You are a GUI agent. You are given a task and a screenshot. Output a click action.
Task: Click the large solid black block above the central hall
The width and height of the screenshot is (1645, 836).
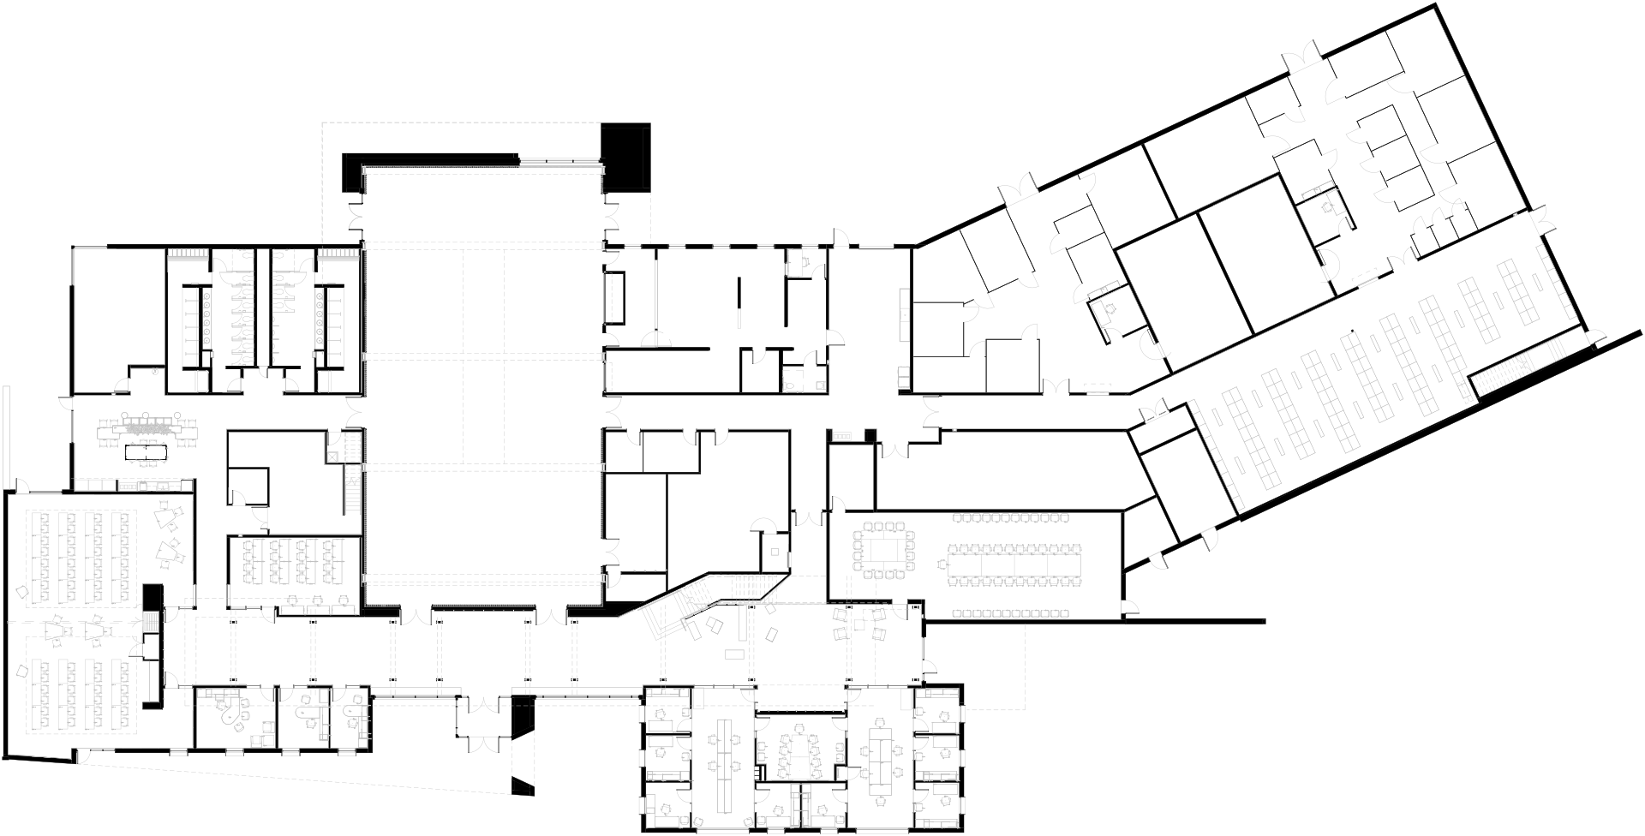625,157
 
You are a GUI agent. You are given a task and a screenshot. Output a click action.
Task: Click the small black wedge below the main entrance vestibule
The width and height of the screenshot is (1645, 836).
523,786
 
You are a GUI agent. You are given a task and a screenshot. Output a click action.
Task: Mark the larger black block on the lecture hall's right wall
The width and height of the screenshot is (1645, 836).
153,597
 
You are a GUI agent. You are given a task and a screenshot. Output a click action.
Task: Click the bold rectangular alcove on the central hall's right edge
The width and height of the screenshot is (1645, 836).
614,298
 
